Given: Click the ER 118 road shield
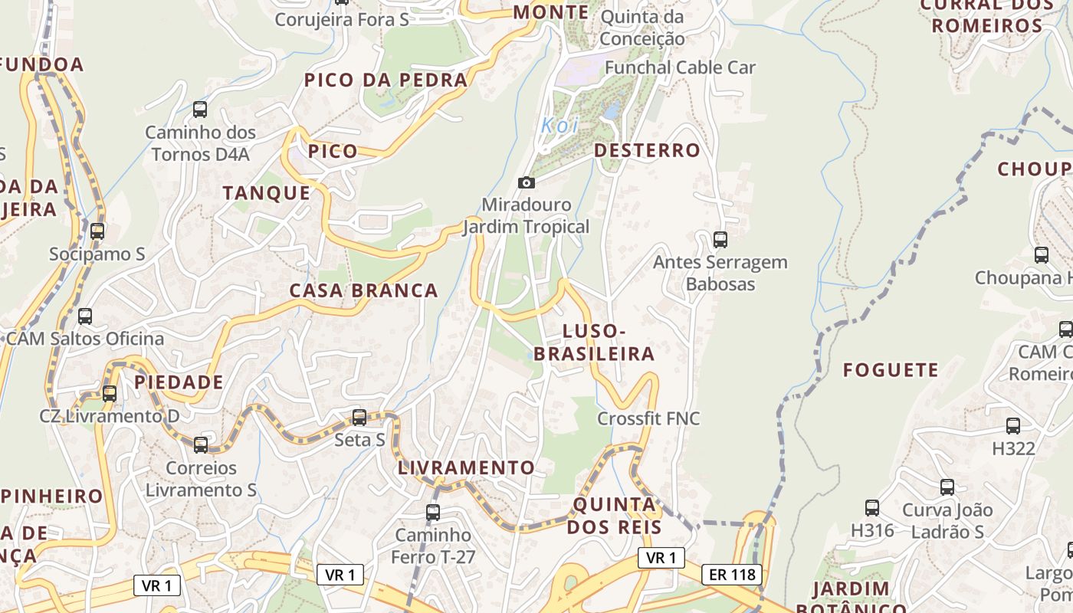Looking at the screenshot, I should (x=732, y=574).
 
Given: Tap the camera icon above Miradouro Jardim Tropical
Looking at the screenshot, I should (x=527, y=182).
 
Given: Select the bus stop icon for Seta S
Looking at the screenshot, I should (x=359, y=418).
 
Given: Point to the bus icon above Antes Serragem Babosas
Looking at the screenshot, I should (x=720, y=239).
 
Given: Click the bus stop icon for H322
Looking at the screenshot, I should (x=1013, y=426).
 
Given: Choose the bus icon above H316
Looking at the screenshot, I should (x=872, y=507).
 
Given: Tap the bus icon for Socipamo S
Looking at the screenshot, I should (x=97, y=231).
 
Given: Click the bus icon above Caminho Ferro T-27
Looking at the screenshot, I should (x=433, y=512).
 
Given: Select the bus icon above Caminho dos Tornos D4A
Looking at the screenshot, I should (x=200, y=110).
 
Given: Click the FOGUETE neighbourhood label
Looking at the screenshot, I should (x=891, y=371).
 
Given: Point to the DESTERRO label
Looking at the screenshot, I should (x=647, y=150).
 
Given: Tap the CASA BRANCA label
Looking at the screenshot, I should (x=363, y=291).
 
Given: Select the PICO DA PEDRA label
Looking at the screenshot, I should (x=386, y=80).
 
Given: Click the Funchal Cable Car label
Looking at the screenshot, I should (x=680, y=67).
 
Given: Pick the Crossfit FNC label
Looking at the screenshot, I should (x=648, y=419).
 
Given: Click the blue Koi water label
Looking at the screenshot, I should (x=559, y=126).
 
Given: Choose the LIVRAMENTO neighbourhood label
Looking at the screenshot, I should (x=466, y=467).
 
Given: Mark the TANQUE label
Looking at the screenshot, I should (x=267, y=193).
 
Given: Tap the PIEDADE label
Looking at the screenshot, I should (x=179, y=382).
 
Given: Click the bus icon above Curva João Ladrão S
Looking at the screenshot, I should (x=947, y=487).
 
